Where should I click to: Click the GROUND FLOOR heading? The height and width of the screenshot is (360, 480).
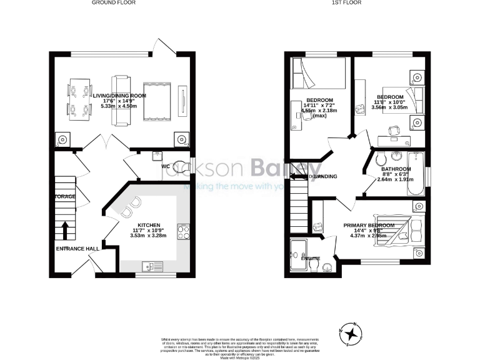(114, 2)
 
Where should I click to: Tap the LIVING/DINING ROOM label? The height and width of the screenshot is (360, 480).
(119, 96)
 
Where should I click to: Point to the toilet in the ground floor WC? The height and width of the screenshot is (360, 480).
(180, 166)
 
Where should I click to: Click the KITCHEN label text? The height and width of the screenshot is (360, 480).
(149, 225)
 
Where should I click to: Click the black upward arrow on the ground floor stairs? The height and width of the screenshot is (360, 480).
(65, 230)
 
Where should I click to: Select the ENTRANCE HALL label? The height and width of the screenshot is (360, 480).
(77, 249)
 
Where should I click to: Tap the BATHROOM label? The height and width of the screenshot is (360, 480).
(396, 169)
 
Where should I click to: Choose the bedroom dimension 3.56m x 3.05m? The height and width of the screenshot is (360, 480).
(389, 107)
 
